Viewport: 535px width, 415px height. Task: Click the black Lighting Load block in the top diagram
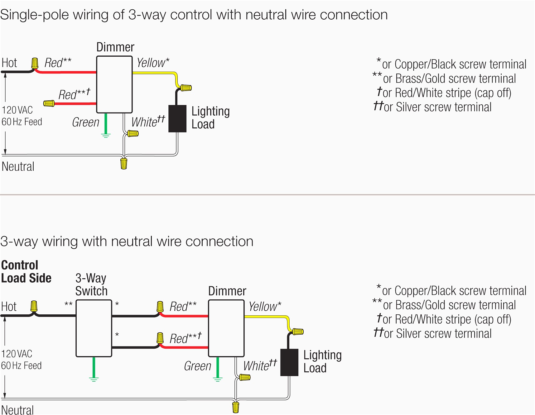pos(177,119)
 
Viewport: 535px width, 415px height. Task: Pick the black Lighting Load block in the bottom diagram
pos(289,362)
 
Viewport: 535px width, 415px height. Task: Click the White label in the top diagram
pos(144,122)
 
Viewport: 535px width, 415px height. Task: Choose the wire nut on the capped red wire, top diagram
pos(49,103)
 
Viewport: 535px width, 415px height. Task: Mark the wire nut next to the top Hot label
pos(35,63)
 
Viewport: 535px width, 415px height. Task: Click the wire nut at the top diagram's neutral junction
pos(124,164)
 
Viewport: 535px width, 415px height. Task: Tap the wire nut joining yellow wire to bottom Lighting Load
pos(298,332)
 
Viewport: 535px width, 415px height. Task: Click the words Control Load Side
pos(26,272)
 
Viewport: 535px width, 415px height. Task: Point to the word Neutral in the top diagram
pos(18,167)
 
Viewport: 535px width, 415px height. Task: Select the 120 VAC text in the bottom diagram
pos(17,354)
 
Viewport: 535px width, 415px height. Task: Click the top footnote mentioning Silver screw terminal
pos(432,107)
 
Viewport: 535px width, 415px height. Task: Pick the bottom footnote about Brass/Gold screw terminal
pos(444,305)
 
